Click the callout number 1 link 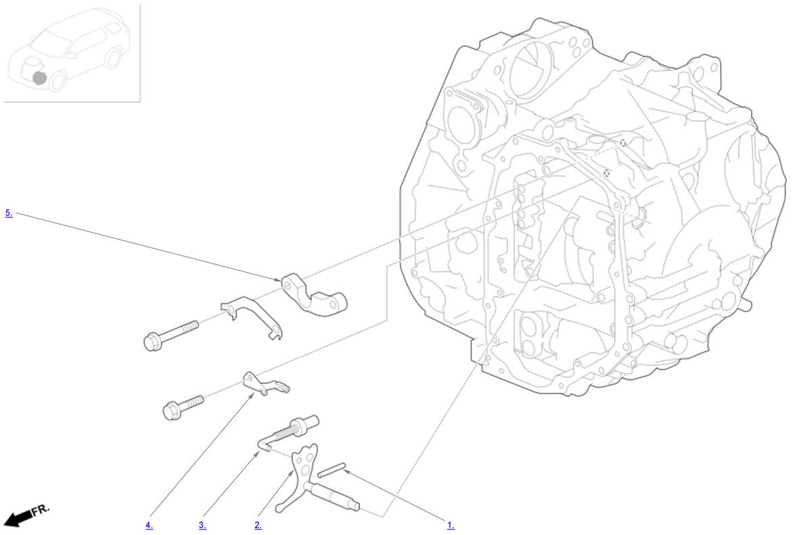pyautogui.click(x=451, y=525)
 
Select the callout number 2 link pyautogui.click(x=258, y=525)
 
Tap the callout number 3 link pyautogui.click(x=202, y=525)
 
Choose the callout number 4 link pyautogui.click(x=150, y=525)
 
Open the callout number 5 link pyautogui.click(x=9, y=213)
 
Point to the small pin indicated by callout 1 pyautogui.click(x=332, y=470)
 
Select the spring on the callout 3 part pyautogui.click(x=287, y=432)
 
